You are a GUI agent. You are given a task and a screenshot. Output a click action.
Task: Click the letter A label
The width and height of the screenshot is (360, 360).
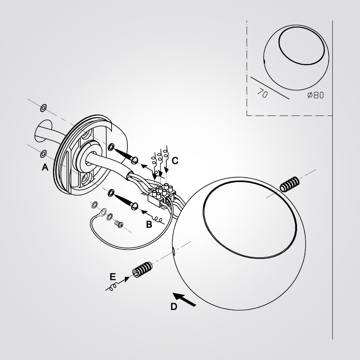(45, 167)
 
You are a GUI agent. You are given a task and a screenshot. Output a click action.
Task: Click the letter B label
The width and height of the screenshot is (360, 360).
(149, 224)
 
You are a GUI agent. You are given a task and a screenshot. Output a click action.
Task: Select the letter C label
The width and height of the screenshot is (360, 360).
(175, 161)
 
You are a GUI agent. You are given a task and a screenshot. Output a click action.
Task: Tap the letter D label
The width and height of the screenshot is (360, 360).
(174, 306)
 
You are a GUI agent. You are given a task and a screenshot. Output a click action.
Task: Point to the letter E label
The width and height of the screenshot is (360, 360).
(112, 276)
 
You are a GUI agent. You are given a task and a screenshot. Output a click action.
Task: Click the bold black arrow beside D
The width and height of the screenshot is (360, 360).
(184, 300)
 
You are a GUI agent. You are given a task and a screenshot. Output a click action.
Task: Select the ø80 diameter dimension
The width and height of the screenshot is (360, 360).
(315, 95)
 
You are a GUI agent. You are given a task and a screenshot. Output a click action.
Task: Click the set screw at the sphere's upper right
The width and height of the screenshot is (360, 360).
(290, 184)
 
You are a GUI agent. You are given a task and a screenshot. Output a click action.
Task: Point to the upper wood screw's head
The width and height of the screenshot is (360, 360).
(135, 160)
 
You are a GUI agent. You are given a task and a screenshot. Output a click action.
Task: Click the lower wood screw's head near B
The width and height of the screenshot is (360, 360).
(135, 206)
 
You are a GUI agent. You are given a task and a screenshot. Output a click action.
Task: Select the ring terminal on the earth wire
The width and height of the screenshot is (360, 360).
(103, 211)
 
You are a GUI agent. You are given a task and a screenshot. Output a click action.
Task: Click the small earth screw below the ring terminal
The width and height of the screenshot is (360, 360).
(119, 224)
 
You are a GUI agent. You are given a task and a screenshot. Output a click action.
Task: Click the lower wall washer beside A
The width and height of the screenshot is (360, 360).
(43, 154)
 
